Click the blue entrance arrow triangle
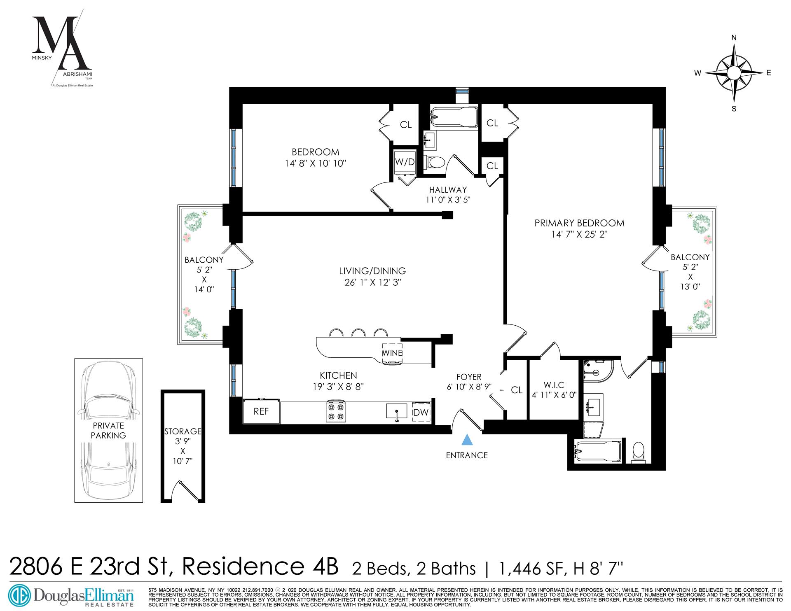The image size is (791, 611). (466, 440)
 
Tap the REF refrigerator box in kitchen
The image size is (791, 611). (261, 411)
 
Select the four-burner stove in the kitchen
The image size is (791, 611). (336, 411)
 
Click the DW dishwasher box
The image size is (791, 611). (421, 412)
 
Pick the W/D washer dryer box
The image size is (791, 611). (405, 162)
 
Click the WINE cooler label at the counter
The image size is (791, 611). (392, 353)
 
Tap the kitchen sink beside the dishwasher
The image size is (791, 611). (396, 411)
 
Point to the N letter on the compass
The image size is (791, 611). (734, 38)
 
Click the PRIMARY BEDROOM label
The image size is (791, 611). (579, 223)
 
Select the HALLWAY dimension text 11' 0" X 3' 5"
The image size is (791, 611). (448, 200)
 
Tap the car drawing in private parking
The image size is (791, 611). (108, 430)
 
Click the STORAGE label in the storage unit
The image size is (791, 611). (183, 431)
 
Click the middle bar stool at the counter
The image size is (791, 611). (358, 333)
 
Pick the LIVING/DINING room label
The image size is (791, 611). (372, 271)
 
